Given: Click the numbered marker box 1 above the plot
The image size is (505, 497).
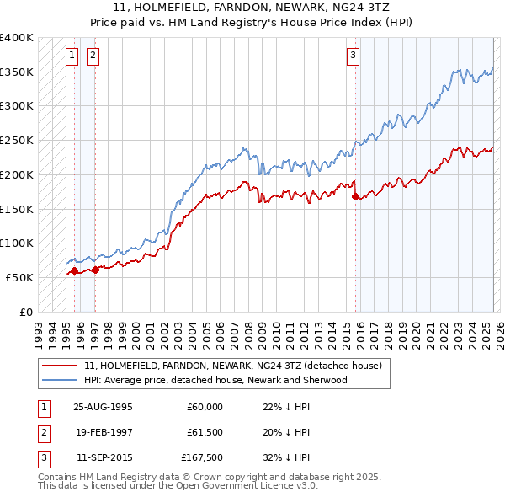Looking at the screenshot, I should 72,56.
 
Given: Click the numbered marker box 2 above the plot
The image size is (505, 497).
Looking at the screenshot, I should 92,56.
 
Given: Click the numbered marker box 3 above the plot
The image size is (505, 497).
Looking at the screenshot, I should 353,56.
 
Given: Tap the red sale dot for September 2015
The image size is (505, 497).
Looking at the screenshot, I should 355,197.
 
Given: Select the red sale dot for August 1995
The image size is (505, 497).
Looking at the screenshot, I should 74,270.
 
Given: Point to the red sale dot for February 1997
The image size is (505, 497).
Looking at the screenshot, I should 95,270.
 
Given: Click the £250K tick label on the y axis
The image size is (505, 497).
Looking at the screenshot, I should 17,141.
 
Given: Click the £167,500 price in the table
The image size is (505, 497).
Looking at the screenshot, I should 202,459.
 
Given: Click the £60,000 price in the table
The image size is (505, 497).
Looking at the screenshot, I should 205,407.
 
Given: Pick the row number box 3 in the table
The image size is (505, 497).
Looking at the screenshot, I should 43,459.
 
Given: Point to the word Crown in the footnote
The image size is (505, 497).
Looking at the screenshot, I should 215,477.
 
